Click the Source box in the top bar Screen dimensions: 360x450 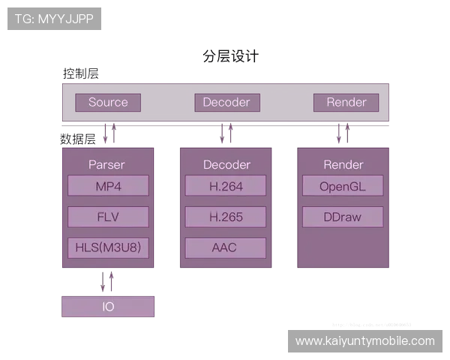pos(108,103)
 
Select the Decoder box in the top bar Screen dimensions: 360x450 pos(226,103)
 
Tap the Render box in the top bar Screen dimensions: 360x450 pos(346,103)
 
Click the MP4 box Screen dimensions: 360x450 pos(108,186)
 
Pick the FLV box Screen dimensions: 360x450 pos(108,217)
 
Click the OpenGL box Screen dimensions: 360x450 pos(342,186)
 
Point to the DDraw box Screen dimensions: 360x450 pos(342,217)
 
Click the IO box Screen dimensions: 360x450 pos(108,307)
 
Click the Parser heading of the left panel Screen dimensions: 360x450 pos(106,164)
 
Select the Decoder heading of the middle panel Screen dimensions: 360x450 pos(226,164)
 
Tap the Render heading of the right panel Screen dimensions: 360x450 pos(343,164)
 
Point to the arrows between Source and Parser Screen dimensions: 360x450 pos(111,135)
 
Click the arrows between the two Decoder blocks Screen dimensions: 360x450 pos(226,135)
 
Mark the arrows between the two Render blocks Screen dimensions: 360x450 pos(343,135)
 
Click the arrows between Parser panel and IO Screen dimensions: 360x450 pos(108,283)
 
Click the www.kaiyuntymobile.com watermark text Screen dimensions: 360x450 pos(365,341)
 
